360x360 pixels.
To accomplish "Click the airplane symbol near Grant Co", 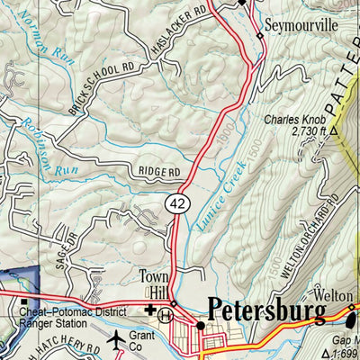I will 117,340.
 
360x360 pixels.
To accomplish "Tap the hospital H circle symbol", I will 165,315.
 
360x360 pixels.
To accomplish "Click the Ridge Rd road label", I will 159,172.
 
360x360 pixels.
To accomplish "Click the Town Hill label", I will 155,285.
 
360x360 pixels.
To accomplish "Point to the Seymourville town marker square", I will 260,36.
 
